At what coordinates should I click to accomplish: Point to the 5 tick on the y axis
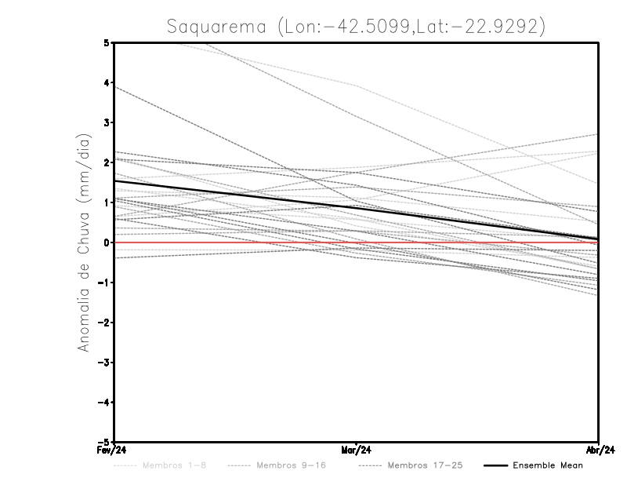click(x=107, y=42)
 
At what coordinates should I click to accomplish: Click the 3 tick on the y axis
click(x=107, y=122)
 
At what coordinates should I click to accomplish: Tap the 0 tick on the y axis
click(x=107, y=242)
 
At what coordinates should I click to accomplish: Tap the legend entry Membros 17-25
click(x=425, y=465)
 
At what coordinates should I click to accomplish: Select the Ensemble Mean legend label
click(x=547, y=465)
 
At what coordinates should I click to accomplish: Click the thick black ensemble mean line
click(x=235, y=195)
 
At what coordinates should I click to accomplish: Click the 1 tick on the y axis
click(x=107, y=202)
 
